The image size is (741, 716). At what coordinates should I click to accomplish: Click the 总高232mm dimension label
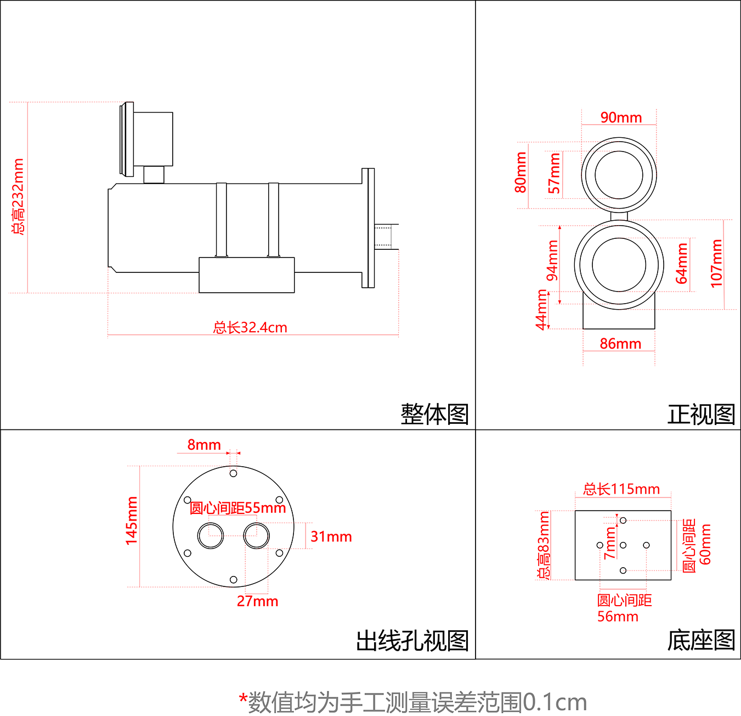click(18, 197)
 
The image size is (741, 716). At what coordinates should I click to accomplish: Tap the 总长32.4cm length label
click(250, 328)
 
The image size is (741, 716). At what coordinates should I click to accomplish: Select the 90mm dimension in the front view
click(621, 118)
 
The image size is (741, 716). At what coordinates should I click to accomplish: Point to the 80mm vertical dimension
click(521, 172)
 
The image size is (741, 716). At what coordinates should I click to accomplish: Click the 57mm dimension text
click(555, 174)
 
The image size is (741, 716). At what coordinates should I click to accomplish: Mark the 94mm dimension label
click(552, 260)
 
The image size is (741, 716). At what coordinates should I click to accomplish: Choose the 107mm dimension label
click(716, 264)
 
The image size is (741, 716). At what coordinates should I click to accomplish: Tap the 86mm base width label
click(620, 344)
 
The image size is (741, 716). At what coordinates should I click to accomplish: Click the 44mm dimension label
click(542, 310)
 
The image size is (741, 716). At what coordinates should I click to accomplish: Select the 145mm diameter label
click(132, 521)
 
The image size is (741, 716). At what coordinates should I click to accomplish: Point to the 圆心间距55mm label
click(237, 508)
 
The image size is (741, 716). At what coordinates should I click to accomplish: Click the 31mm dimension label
click(331, 536)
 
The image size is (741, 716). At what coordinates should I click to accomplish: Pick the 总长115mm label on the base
click(621, 489)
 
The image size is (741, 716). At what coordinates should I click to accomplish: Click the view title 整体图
click(434, 414)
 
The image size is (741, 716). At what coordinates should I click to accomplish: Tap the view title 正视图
click(701, 414)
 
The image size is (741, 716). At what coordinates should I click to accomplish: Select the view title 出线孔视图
click(412, 641)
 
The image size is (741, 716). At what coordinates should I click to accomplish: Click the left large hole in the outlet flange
click(211, 536)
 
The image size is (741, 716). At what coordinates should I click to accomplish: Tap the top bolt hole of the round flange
click(233, 473)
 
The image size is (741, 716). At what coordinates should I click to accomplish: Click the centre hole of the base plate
click(623, 545)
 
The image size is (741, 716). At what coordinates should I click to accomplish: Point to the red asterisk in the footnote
click(243, 698)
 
